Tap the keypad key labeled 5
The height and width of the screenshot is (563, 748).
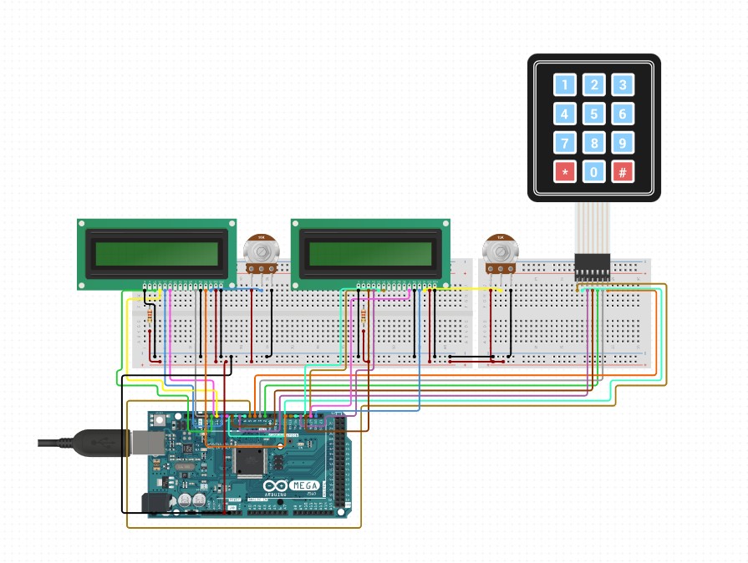pyautogui.click(x=593, y=114)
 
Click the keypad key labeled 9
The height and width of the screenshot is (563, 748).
pyautogui.click(x=622, y=143)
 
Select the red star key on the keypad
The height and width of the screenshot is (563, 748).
pyautogui.click(x=565, y=172)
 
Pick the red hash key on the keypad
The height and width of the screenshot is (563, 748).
pyautogui.click(x=622, y=172)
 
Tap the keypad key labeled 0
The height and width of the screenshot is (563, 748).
pyautogui.click(x=593, y=172)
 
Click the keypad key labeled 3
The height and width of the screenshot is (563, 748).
pyautogui.click(x=622, y=84)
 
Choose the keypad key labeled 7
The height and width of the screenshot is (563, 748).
pyautogui.click(x=565, y=143)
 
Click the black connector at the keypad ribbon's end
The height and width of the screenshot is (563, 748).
pyautogui.click(x=592, y=267)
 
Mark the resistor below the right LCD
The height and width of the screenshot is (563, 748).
pyautogui.click(x=364, y=316)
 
